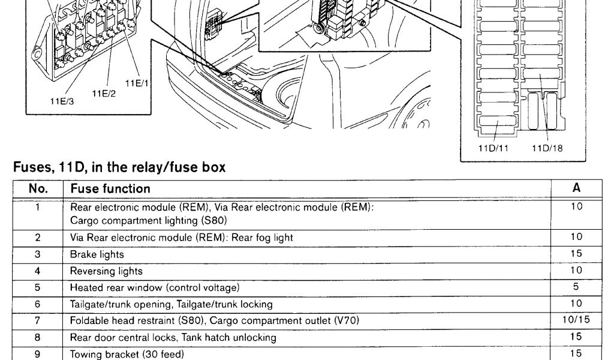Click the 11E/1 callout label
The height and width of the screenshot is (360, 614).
[x=137, y=83]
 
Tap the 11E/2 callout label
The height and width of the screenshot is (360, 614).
[x=104, y=92]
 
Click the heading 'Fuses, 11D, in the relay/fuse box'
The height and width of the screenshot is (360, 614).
[x=119, y=168]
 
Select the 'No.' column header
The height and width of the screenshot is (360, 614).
[x=38, y=188]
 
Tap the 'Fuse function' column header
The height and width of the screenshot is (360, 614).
[x=110, y=188]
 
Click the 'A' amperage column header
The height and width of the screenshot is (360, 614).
[x=576, y=188]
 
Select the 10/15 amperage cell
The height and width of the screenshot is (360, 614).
[x=576, y=321]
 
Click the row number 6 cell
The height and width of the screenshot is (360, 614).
[x=38, y=305]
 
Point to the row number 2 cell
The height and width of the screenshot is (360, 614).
[x=38, y=238]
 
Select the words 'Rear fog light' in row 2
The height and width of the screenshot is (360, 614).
[x=267, y=238]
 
